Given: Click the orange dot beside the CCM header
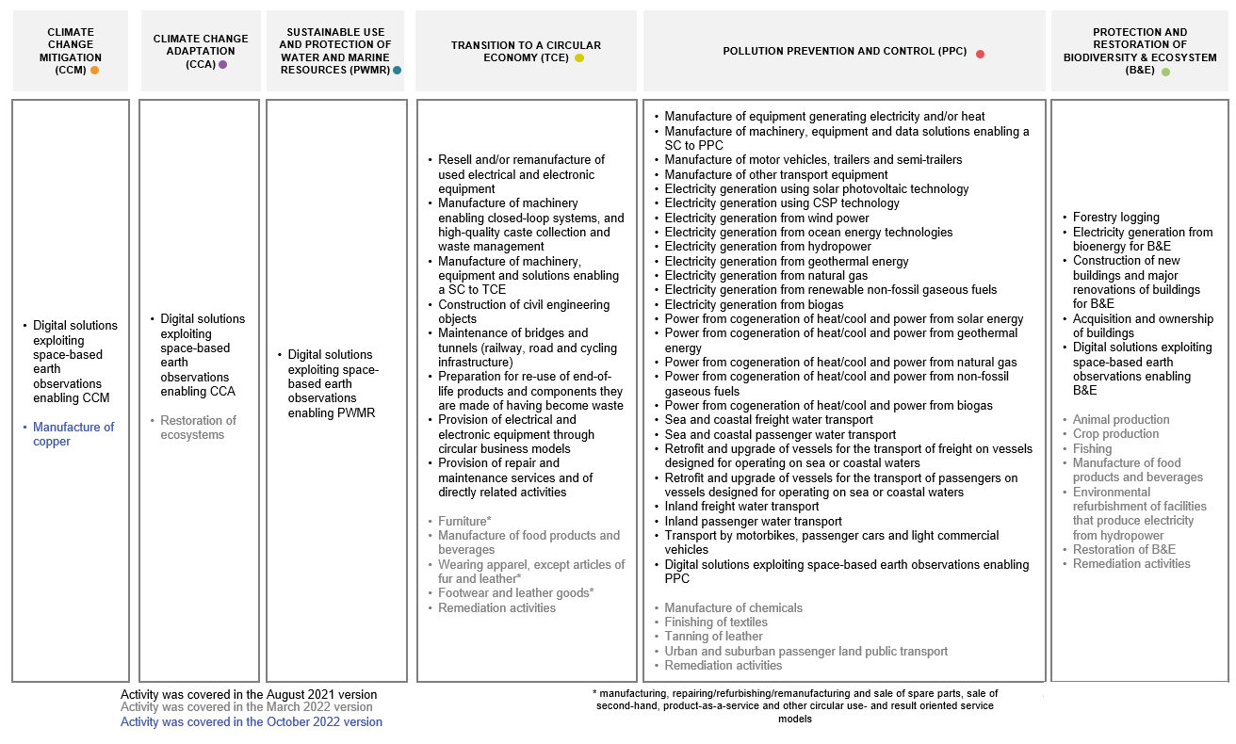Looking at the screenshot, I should (94, 70).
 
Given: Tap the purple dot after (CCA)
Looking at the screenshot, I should (223, 64).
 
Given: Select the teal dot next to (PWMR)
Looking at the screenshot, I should (398, 70).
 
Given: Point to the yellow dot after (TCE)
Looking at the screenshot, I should (579, 58).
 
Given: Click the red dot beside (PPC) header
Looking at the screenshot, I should (980, 54).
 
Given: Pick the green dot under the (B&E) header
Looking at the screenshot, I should (1165, 72).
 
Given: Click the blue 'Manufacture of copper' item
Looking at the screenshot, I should (73, 434).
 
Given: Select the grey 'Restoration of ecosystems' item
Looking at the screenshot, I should (198, 428).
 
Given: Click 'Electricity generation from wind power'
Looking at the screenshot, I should (767, 218).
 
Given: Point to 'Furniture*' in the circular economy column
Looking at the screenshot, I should (464, 521).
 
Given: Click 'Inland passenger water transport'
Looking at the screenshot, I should (754, 521).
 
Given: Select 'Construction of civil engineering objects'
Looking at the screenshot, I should (524, 312).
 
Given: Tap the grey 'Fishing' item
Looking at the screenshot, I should (1092, 448).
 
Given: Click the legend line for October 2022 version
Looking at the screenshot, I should (252, 722).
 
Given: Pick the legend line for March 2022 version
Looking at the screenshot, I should (247, 707).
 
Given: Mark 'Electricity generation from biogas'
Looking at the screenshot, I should (754, 304).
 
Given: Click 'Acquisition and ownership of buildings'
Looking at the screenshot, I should (1143, 326).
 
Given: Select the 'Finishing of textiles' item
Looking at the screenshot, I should (716, 622).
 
